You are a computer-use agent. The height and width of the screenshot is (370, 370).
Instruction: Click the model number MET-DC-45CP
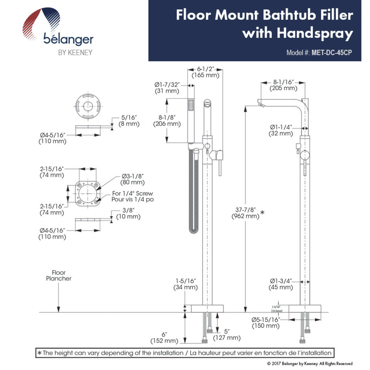pos(332,53)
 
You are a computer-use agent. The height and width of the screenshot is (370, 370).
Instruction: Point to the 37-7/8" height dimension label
pos(245,213)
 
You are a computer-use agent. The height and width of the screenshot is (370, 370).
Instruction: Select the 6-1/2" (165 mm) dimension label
pos(205,72)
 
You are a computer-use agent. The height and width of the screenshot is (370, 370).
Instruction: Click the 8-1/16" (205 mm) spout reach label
pos(283,85)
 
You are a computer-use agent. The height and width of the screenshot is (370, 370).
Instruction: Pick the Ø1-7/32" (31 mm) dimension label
pos(167,88)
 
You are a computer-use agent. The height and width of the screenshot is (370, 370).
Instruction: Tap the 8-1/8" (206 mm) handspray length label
pos(167,121)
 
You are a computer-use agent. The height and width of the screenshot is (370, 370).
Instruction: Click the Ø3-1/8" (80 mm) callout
pos(132,179)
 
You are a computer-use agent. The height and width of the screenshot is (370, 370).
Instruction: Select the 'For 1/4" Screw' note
pos(132,193)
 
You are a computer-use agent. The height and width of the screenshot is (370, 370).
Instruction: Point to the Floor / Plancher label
pos(58,275)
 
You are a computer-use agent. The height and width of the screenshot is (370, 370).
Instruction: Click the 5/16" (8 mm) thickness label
pos(129,121)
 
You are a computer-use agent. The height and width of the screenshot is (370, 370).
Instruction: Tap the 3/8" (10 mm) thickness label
pos(128,213)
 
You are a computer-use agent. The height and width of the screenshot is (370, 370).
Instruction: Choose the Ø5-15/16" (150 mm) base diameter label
pos(265,323)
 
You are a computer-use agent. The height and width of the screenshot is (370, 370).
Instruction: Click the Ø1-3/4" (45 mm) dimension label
pos(280,284)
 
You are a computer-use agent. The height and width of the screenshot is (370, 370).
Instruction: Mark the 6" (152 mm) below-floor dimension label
pos(164,338)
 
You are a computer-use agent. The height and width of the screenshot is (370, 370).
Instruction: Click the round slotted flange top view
pos(88,106)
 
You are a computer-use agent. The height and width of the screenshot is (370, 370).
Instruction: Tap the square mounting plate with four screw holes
pos(88,194)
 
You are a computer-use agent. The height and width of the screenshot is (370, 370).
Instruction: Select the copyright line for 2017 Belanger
pos(310,364)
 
